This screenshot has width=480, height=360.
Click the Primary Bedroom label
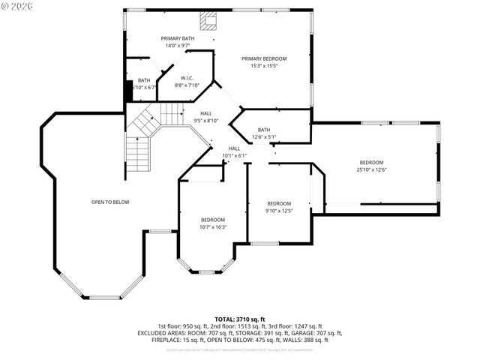click(263, 58)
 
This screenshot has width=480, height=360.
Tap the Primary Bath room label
click(177, 38)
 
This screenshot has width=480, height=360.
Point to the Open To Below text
click(110, 202)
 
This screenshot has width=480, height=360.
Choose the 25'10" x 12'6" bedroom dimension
click(371, 169)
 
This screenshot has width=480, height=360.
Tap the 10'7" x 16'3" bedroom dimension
click(213, 227)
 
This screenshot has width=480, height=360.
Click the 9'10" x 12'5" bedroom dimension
click(279, 211)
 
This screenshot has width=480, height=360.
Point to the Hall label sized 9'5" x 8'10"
click(205, 121)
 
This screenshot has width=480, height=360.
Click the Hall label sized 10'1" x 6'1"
click(234, 156)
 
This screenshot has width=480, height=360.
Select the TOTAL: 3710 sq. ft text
click(239, 319)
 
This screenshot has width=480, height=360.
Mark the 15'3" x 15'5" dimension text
click(263, 66)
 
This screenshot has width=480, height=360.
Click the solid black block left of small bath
click(128, 90)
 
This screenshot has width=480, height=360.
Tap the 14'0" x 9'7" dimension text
click(177, 46)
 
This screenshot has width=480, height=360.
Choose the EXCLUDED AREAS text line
click(239, 333)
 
